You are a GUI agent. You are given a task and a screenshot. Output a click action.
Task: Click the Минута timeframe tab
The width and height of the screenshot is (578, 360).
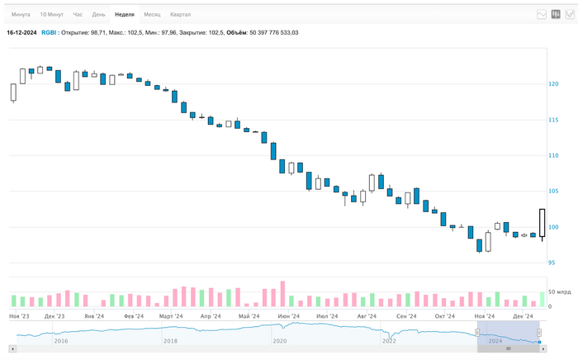coord(21,15)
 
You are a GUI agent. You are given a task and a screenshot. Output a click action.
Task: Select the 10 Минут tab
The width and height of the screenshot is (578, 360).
coord(51,15)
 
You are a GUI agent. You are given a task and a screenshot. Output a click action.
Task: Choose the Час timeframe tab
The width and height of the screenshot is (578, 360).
coord(78,15)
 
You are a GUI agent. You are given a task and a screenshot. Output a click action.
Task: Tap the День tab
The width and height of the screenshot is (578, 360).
coord(98,15)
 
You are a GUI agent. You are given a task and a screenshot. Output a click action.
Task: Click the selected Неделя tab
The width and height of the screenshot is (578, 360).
coord(125,15)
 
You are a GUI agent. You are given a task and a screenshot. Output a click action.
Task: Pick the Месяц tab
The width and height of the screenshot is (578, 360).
coord(152,15)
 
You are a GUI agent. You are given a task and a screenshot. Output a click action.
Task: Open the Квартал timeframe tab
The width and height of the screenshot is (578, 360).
coord(180,15)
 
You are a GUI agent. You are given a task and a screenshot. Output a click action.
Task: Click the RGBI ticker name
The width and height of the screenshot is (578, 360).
coord(50,32)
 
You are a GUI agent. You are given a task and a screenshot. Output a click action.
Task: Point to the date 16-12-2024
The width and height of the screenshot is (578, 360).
coord(21,32)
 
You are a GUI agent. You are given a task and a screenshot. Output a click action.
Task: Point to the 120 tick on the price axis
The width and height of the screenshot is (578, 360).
coord(553,84)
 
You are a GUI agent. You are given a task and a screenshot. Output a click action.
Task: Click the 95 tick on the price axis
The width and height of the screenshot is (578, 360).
coord(552,263)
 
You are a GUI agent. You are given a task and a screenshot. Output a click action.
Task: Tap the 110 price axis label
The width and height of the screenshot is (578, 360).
coord(553,156)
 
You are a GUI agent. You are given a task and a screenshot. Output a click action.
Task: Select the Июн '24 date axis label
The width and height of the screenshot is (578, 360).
coord(289,316)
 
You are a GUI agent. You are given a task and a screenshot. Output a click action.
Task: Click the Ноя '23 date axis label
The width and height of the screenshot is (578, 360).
coord(20,316)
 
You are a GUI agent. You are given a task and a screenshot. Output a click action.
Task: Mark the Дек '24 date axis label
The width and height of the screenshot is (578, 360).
coord(523,316)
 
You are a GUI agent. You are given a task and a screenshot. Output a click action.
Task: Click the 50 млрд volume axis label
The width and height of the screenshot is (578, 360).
coord(559,292)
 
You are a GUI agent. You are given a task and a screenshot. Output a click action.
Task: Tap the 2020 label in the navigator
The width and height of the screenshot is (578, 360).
coord(280,340)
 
